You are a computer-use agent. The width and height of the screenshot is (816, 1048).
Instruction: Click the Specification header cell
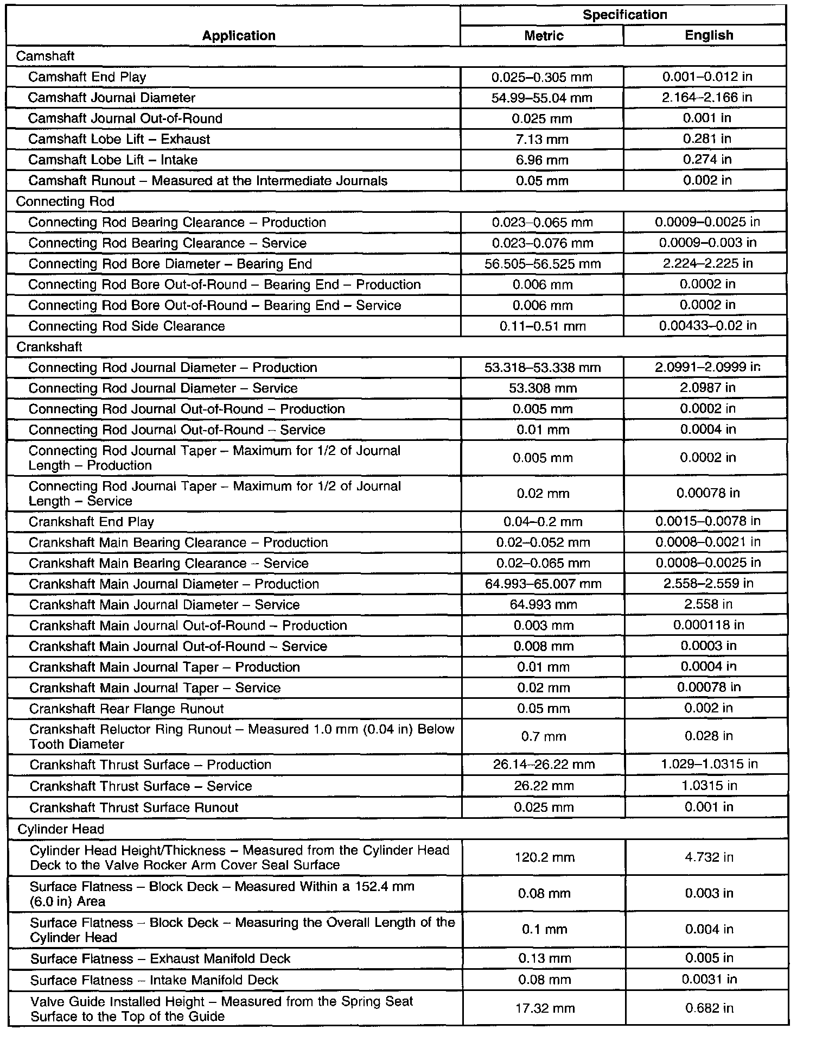[624, 15]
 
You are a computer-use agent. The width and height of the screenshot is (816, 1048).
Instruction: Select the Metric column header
[544, 36]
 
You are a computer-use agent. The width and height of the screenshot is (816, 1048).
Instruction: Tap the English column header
[709, 35]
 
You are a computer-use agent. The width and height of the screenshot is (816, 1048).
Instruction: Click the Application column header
[239, 36]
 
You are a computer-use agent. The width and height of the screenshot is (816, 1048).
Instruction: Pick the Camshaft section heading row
[46, 56]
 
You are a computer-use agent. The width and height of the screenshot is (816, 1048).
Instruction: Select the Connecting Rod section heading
[65, 201]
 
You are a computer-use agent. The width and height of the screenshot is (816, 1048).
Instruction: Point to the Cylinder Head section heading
[61, 829]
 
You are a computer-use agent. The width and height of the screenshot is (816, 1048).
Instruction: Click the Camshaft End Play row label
[87, 77]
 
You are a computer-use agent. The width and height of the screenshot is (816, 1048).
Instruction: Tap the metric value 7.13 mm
[543, 140]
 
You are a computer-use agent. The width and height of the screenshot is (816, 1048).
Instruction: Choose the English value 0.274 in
[707, 160]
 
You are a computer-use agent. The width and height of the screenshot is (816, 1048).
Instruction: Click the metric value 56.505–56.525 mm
[543, 264]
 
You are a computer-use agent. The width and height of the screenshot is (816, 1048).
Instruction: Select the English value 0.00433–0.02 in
[707, 326]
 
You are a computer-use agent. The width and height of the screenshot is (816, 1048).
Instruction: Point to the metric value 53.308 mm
[543, 388]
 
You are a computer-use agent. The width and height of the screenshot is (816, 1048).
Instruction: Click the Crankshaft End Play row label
[92, 522]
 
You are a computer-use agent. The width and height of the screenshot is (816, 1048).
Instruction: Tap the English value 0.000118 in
[709, 626]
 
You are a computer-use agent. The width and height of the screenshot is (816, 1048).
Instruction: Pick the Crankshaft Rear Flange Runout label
[126, 709]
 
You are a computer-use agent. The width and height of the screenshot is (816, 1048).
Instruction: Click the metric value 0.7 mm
[543, 737]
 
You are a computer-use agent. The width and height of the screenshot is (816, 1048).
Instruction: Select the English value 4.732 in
[709, 857]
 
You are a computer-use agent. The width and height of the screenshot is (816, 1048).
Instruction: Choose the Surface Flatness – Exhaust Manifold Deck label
[161, 959]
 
